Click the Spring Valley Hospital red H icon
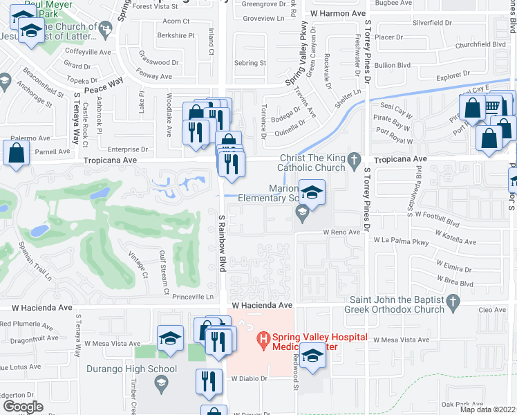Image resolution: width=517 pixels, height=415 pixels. click(262, 339)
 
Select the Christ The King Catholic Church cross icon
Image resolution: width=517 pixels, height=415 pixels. click(355, 161)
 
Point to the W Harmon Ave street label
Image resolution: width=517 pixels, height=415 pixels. click(338, 13)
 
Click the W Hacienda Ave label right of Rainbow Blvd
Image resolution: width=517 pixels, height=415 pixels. click(258, 305)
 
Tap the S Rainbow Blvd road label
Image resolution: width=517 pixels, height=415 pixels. click(223, 242)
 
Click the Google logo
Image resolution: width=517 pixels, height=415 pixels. click(23, 407)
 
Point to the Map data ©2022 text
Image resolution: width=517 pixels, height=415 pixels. click(487, 409)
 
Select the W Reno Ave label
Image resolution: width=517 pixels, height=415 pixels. click(341, 232)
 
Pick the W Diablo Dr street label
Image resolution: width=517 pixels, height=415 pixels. click(248, 379)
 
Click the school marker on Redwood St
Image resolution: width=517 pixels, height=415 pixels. click(313, 357)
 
